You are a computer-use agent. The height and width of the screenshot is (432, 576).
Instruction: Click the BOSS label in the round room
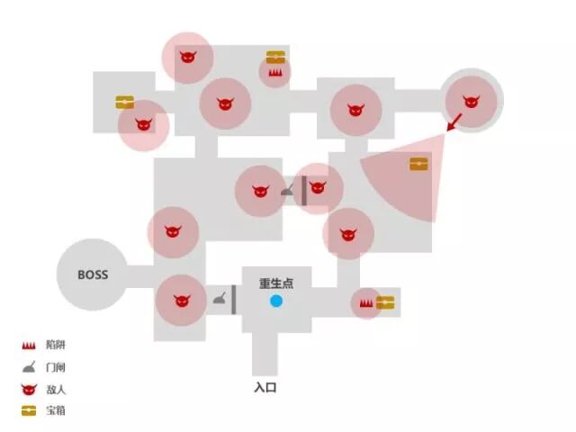[93, 274]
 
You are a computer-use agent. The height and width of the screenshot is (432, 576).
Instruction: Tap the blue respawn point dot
[276, 301]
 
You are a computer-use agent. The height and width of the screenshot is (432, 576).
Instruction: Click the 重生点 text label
[276, 283]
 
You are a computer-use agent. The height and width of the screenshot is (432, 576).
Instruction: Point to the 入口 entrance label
[265, 388]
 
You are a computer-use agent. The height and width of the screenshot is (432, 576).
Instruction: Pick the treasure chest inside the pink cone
[418, 164]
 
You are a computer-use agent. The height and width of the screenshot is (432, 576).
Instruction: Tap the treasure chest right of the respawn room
[385, 303]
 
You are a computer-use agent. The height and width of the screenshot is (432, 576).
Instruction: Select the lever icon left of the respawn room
[220, 300]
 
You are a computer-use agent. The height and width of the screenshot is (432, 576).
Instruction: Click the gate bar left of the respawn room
[235, 300]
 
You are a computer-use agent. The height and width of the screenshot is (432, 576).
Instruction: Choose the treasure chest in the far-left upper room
[125, 103]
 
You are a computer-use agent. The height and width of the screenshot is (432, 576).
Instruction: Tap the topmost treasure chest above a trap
[275, 58]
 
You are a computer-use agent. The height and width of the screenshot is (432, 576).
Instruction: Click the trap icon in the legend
[29, 346]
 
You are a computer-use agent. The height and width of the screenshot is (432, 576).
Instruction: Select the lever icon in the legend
[29, 367]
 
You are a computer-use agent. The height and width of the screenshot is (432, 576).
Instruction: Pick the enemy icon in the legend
[29, 389]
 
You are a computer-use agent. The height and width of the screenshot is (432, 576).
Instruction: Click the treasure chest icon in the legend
[29, 410]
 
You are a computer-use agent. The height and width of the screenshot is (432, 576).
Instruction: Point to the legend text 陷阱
[55, 346]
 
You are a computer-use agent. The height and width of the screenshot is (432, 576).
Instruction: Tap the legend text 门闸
[55, 367]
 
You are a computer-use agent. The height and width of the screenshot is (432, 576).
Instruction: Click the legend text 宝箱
[55, 410]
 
